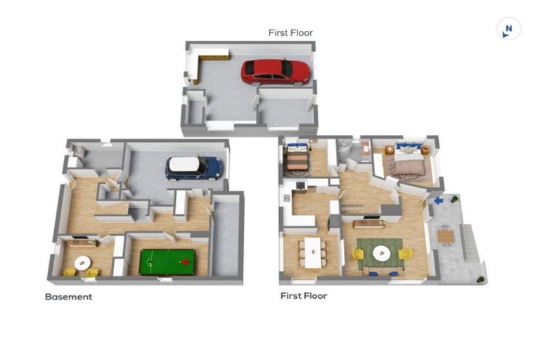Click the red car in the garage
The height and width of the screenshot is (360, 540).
pos(276,71)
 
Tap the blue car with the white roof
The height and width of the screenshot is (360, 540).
pos(193,168)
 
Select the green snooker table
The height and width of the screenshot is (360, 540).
pos(167,262)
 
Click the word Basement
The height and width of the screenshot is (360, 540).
pos(68,297)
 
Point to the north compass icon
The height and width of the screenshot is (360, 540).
pos(508,29)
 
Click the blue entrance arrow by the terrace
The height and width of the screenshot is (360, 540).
pos(438,201)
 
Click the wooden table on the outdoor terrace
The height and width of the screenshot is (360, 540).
pos(445,236)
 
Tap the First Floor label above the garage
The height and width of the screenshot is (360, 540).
pos(290,32)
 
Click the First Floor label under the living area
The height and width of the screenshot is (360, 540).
pos(304,296)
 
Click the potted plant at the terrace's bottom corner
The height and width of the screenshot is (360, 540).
pos(481,279)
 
